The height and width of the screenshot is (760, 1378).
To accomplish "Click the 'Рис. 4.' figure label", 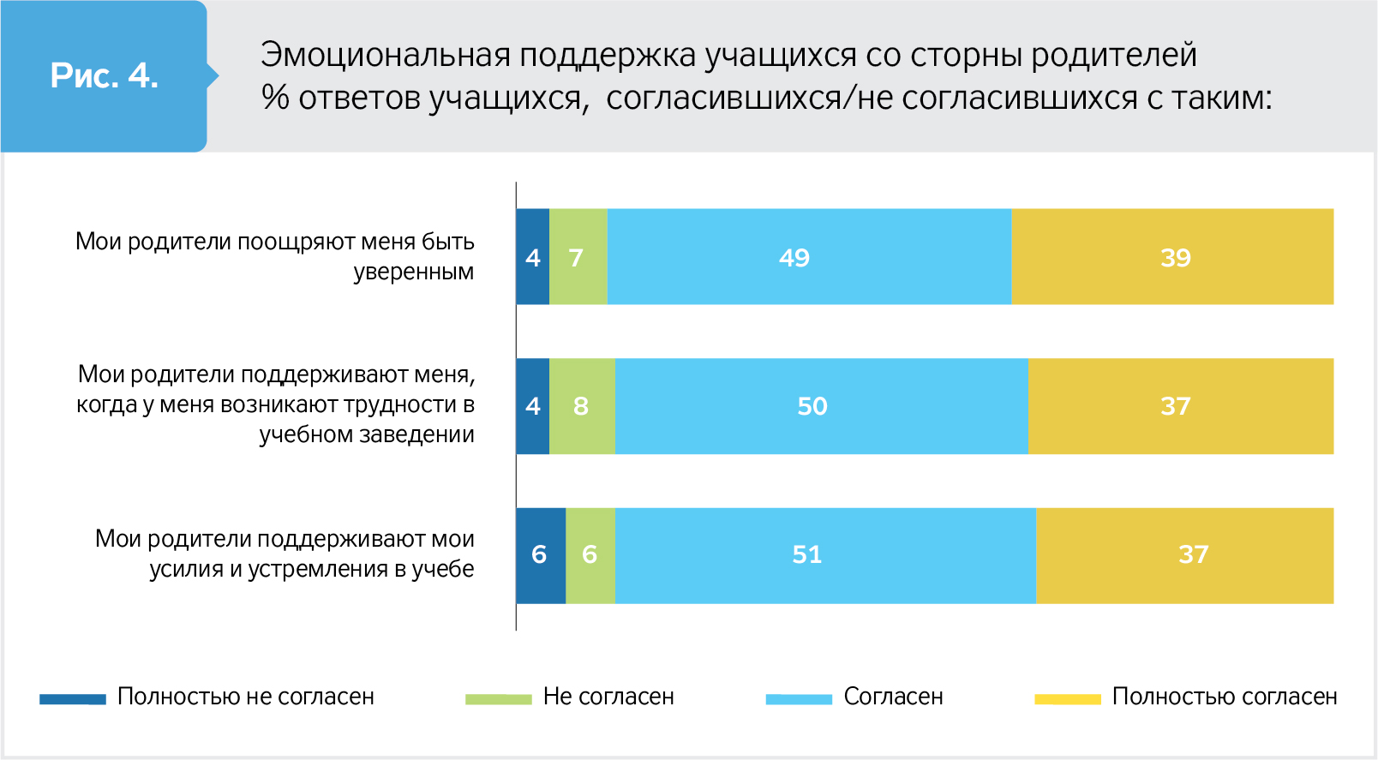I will (104, 76).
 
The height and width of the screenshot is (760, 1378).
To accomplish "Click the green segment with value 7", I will (578, 257).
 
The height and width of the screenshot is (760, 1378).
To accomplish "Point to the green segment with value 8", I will (582, 406).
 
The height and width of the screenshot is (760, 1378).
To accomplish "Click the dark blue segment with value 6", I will (540, 555).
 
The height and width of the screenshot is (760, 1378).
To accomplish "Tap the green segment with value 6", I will (590, 555).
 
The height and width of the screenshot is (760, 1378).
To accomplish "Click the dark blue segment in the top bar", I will (532, 257).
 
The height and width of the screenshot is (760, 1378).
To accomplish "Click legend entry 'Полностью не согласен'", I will (245, 697).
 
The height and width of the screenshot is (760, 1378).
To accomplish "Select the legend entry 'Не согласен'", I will (608, 697).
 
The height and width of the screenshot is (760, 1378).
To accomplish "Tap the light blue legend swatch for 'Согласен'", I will (799, 699).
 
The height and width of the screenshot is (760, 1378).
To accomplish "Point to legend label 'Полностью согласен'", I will (1224, 697).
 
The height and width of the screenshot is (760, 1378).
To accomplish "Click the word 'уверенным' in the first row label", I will (413, 272).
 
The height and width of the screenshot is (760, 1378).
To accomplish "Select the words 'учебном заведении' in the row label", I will (367, 435).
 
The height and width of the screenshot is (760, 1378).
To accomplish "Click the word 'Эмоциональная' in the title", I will (385, 56).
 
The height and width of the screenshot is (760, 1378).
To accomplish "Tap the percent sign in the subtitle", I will (275, 99).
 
